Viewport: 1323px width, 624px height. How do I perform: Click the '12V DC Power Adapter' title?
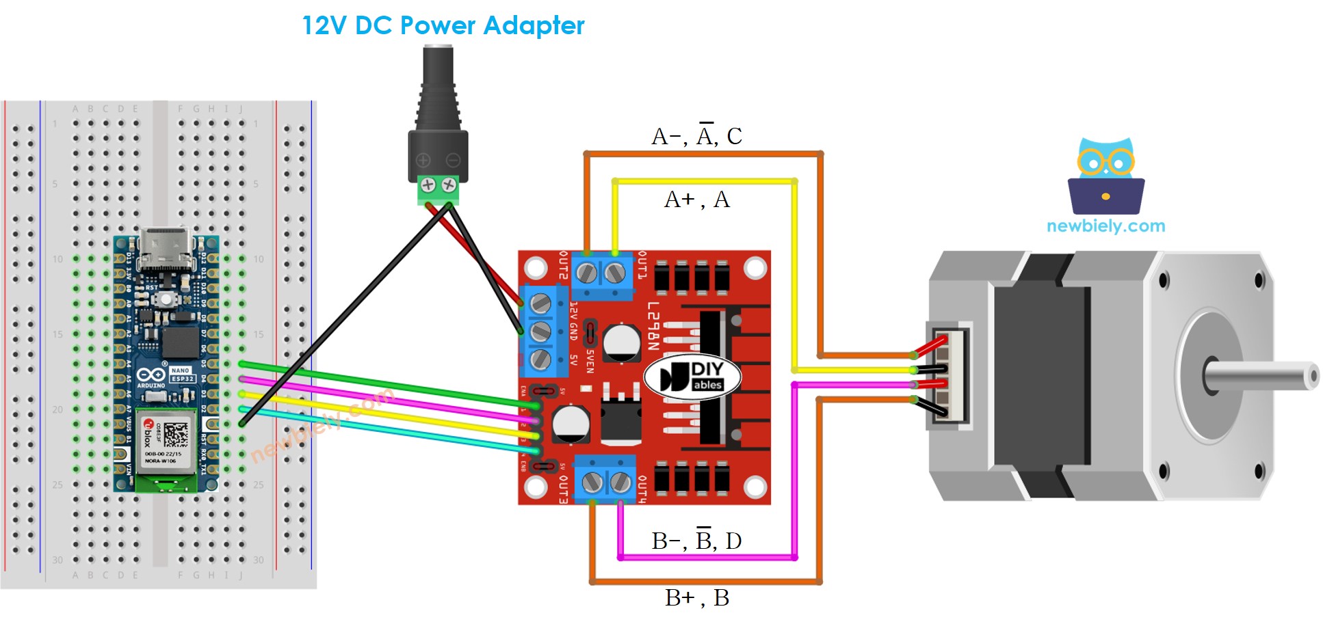coord(443,26)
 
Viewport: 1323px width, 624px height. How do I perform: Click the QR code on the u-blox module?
coord(175,435)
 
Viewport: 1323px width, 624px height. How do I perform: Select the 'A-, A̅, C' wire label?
coord(696,136)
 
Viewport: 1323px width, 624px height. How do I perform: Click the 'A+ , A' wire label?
coord(696,200)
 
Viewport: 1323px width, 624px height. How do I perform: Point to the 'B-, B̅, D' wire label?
coord(696,541)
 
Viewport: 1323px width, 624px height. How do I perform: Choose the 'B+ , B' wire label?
coord(696,598)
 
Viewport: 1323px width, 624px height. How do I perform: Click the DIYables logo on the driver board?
coord(692,377)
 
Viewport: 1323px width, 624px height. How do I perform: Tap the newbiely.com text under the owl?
coord(1105,226)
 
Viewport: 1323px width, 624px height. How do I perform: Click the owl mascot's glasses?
coord(1105,162)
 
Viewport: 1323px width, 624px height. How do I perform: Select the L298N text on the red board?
coord(653,325)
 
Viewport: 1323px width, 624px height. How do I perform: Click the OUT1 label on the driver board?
coord(642,266)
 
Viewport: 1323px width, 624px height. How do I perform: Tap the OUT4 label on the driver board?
coord(642,489)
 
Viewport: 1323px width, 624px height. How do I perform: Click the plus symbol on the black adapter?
coord(423,161)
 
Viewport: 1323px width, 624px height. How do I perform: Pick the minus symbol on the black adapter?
coord(453,161)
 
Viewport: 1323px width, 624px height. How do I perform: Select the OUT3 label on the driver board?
coord(563,489)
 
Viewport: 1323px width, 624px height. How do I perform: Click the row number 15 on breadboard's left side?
coord(57,334)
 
